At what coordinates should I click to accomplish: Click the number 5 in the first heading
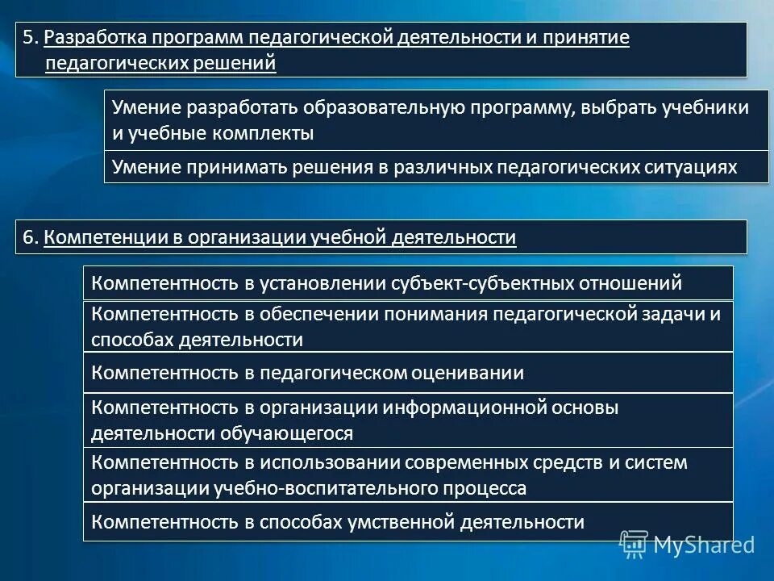(27, 38)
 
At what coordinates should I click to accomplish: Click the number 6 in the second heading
(27, 237)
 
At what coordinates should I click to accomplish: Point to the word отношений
(630, 283)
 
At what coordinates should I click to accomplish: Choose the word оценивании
(457, 373)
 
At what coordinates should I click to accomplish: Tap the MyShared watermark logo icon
(635, 544)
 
